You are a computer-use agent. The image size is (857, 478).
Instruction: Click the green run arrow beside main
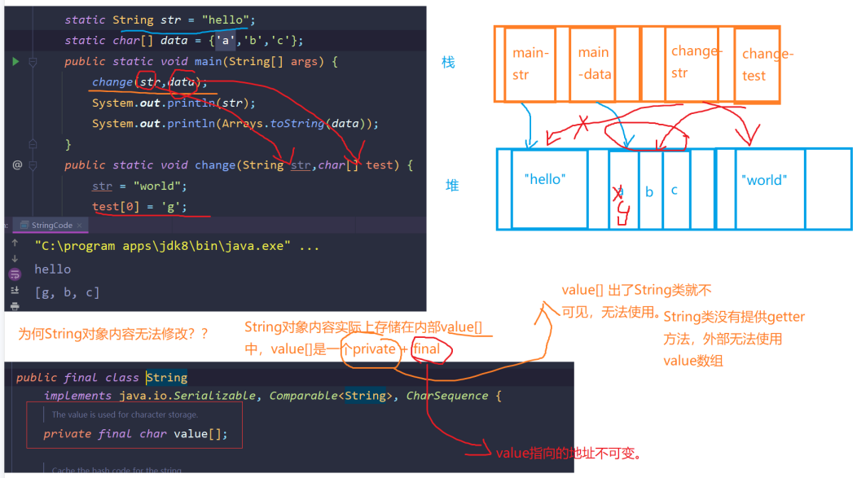point(15,62)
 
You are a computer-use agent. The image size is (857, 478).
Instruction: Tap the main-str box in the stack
point(530,64)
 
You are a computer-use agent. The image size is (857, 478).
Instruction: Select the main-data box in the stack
point(593,64)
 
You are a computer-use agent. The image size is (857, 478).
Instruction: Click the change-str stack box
point(691,62)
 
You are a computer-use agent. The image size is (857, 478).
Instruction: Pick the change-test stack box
point(756,64)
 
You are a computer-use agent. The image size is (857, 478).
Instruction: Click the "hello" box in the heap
point(548,188)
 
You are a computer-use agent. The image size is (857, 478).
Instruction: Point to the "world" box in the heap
point(763,188)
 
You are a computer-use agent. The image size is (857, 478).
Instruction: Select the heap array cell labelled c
point(675,190)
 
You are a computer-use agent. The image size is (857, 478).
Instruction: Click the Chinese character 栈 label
point(448,63)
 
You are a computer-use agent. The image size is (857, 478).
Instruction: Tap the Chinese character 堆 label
point(451,186)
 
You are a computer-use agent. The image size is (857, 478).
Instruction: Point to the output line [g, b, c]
point(67,292)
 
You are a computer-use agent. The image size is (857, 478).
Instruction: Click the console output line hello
point(52,269)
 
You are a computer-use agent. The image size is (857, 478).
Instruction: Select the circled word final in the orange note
point(427,349)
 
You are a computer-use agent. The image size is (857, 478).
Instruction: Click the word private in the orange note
point(373,349)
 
